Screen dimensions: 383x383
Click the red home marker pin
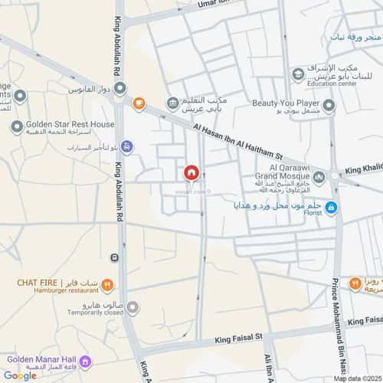click(x=190, y=173)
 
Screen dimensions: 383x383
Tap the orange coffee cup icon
click(x=139, y=103)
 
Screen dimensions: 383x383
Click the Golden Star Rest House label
click(x=71, y=124)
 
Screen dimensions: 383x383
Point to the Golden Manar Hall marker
click(x=85, y=360)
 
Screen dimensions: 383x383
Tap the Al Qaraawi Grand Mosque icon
click(x=319, y=177)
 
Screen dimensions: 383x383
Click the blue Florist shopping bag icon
click(x=330, y=207)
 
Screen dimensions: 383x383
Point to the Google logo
click(x=19, y=375)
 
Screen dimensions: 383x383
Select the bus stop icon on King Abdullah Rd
click(x=114, y=257)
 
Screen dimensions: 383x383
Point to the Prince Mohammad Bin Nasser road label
click(x=335, y=306)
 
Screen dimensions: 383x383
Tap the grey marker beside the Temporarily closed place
click(x=133, y=309)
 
